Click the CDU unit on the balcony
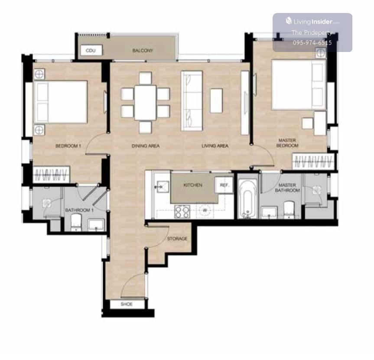click(x=91, y=50)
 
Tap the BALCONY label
click(x=143, y=51)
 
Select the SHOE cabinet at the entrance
click(x=127, y=304)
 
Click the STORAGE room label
click(x=177, y=239)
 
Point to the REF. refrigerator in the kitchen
click(x=224, y=185)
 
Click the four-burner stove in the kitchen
click(x=182, y=211)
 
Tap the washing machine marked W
click(x=205, y=211)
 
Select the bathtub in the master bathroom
click(x=247, y=199)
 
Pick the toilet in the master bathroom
click(x=289, y=210)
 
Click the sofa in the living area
click(x=192, y=101)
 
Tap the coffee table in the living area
click(x=216, y=101)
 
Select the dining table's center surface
click(x=145, y=103)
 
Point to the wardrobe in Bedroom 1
click(x=51, y=175)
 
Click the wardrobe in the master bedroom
click(x=313, y=162)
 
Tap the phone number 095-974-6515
click(x=312, y=43)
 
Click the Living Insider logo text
click(x=312, y=22)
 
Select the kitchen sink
click(x=162, y=187)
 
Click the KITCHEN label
click(x=193, y=185)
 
